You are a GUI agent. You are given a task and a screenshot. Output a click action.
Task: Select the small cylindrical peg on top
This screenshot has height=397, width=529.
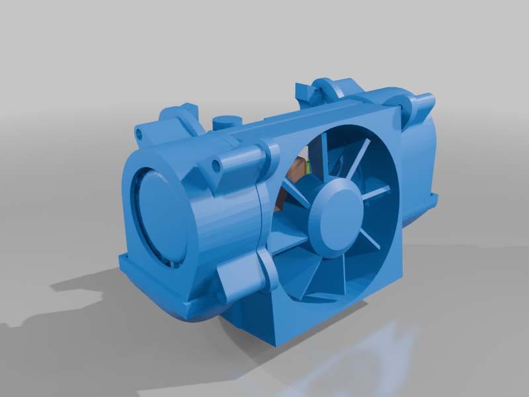[227, 122]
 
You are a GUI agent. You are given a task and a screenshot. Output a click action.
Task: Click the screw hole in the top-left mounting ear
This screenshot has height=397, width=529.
[140, 132]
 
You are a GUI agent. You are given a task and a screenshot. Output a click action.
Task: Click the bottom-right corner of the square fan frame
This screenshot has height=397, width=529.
[400, 271]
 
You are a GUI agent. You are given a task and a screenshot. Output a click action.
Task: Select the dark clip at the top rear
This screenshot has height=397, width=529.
[303, 90]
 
